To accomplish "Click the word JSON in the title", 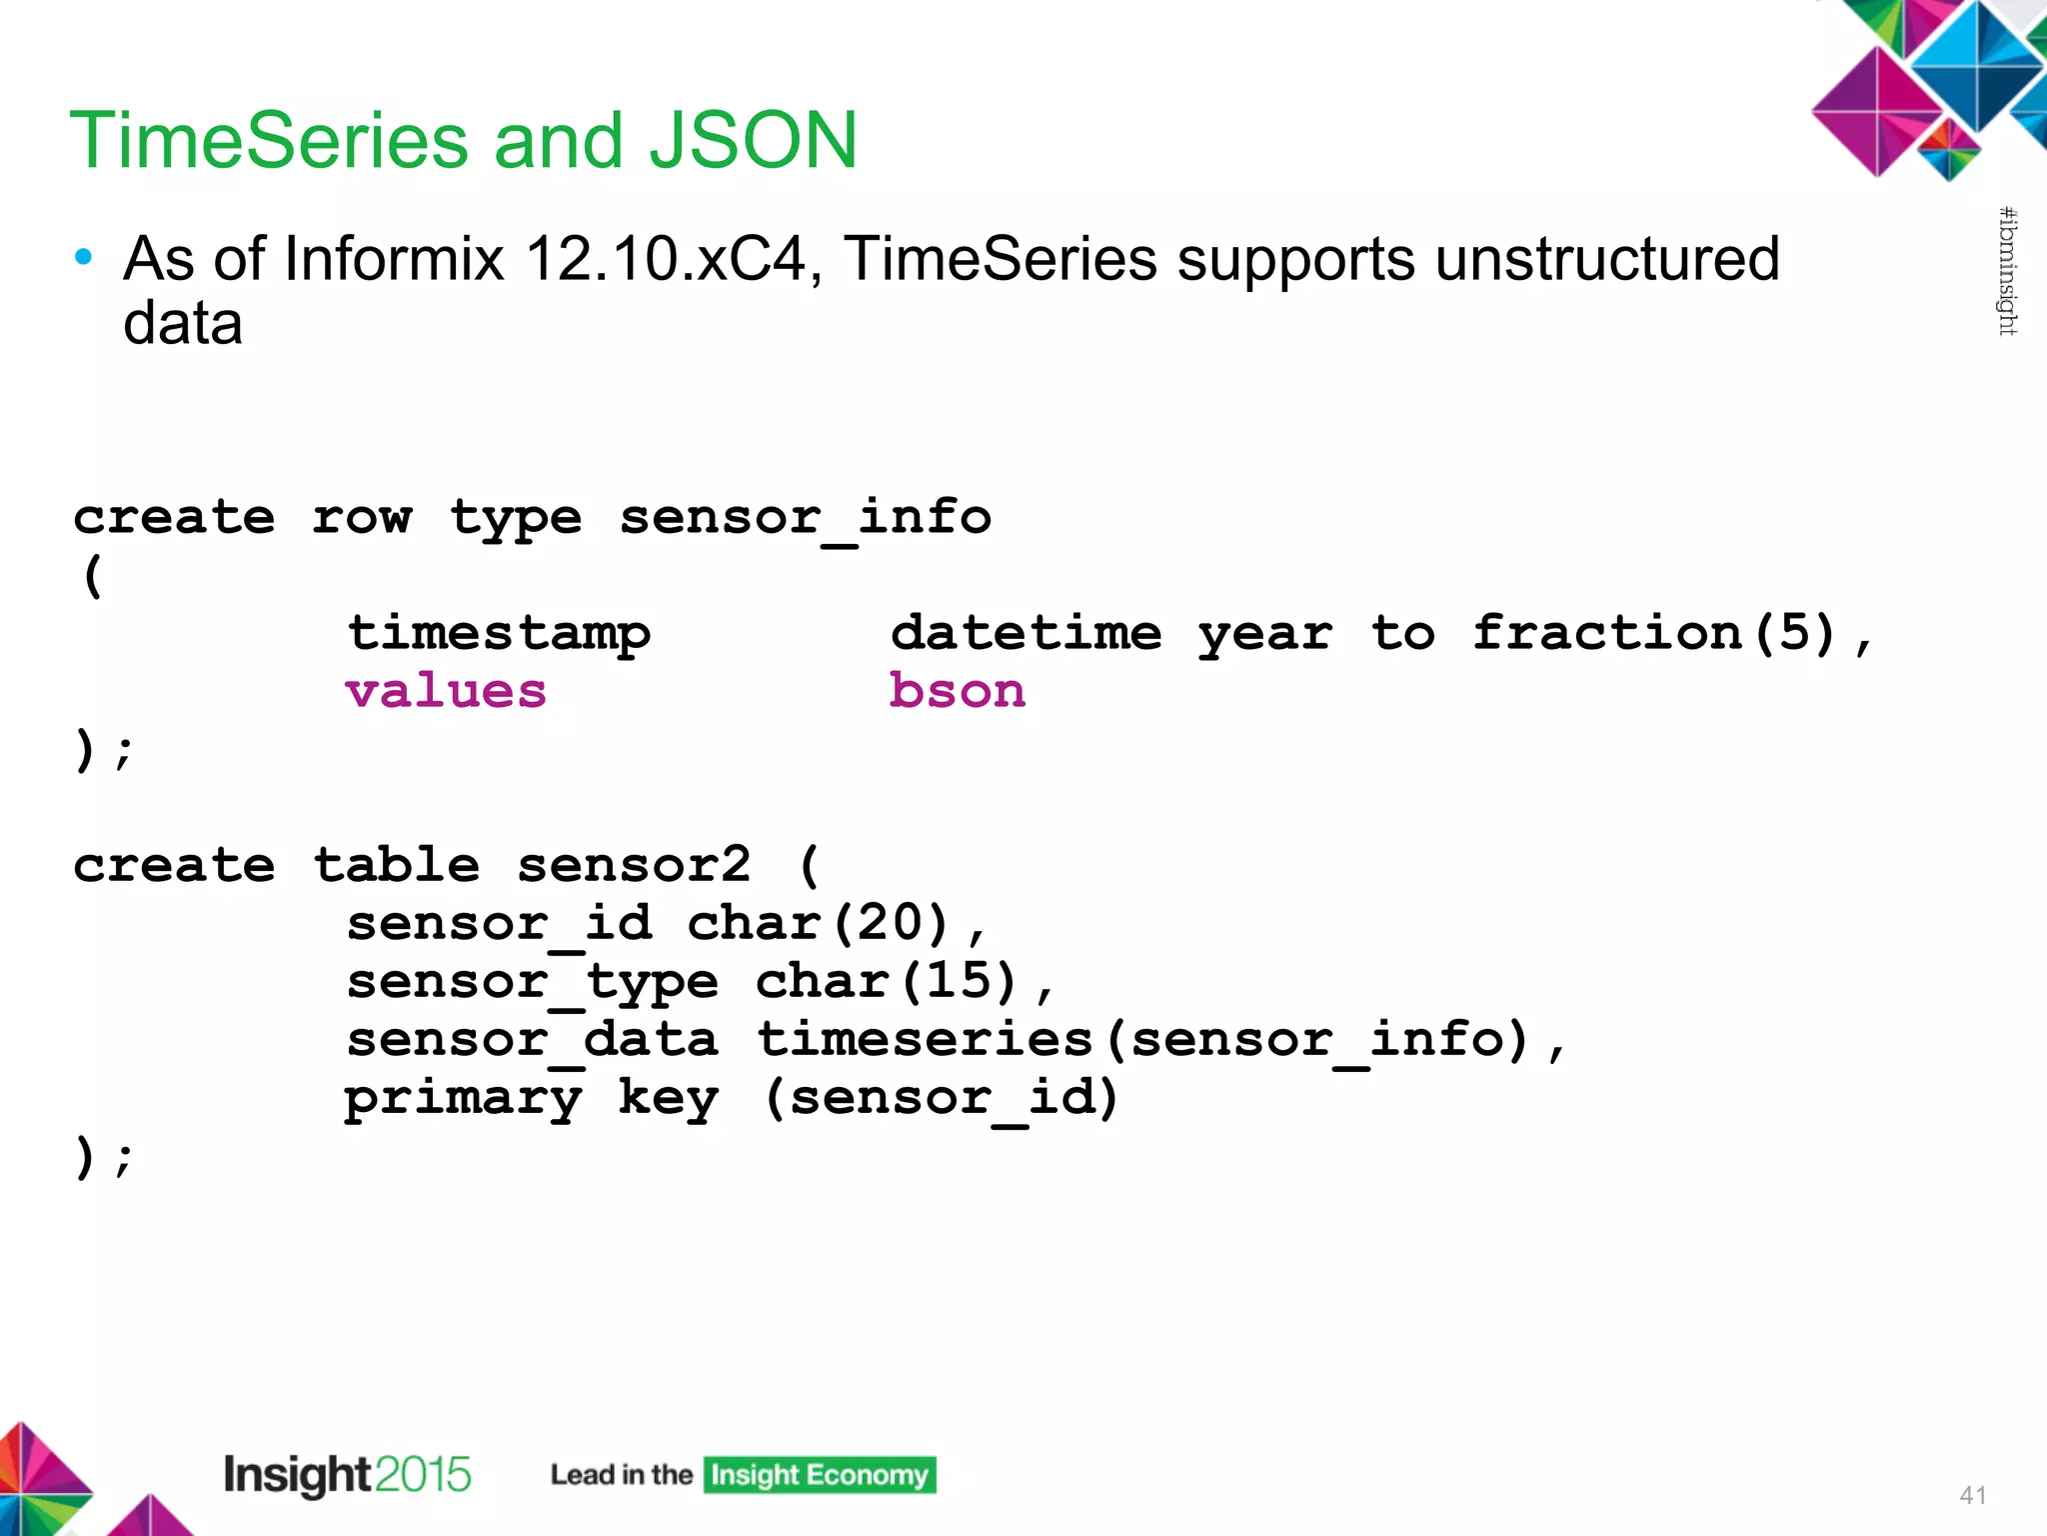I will coord(752,140).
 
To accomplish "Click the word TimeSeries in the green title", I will coord(268,140).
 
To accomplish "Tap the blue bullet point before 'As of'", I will coord(84,258).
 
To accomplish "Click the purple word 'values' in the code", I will coord(446,691).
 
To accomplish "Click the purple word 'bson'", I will coord(957,691).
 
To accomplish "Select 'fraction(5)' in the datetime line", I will coord(1654,633).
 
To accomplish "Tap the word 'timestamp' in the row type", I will coord(498,633).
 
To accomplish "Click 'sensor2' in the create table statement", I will coord(633,865).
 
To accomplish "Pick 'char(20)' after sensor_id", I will coord(818,922).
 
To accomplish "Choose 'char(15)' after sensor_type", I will coord(886,980).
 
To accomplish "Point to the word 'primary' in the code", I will coord(463,1098).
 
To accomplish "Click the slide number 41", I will coord(1972,1495).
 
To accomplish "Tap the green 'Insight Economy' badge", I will coord(819,1475).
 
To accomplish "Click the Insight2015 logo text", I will coord(346,1475).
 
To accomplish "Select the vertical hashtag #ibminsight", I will coord(2007,271).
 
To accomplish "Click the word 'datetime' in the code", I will coord(1025,633).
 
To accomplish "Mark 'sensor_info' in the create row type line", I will coord(805,518).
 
